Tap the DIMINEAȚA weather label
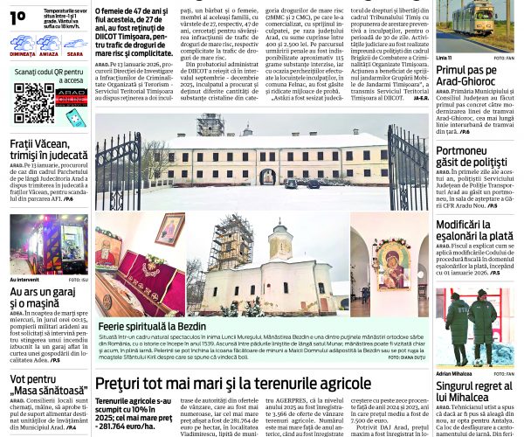coord(23,54)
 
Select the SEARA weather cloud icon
coord(75,42)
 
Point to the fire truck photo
coord(49,244)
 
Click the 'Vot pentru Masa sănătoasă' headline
coord(44,385)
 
